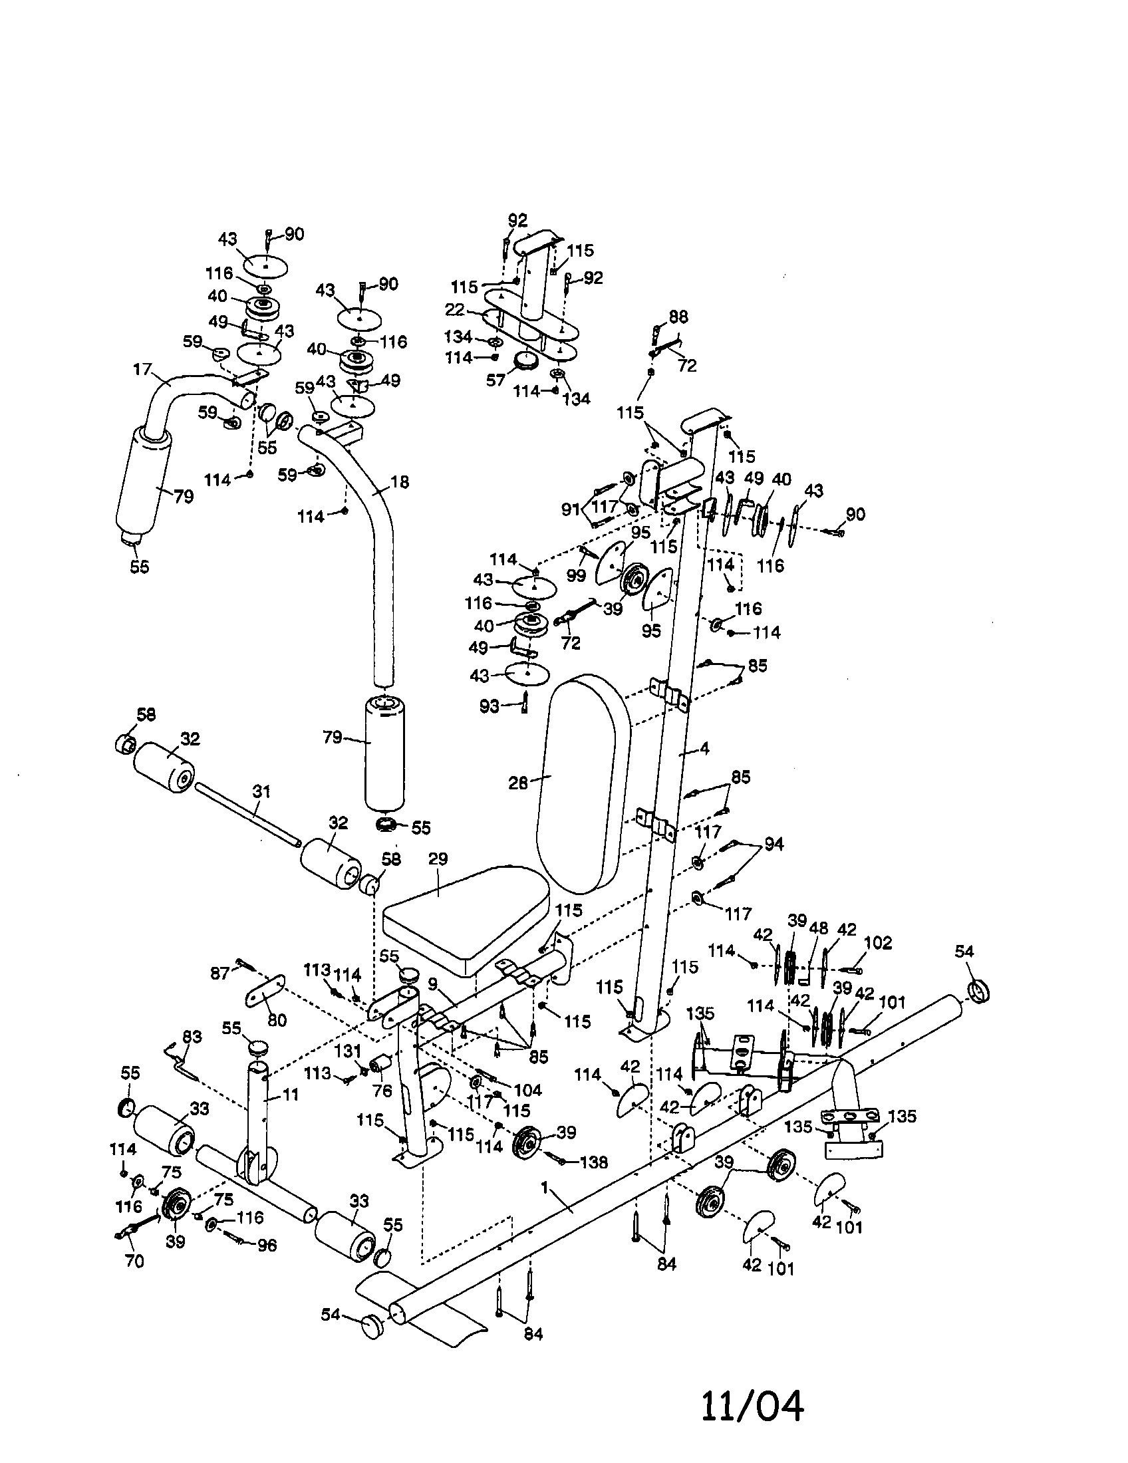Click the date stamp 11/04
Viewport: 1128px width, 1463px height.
tap(752, 1404)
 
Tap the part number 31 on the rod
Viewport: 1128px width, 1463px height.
tap(261, 791)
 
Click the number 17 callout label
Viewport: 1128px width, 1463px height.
tap(142, 369)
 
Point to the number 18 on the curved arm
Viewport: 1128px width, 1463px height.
tap(400, 481)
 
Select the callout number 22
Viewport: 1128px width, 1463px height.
tap(455, 311)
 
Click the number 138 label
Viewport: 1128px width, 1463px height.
tap(593, 1162)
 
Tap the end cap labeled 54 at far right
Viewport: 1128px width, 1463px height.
tap(979, 991)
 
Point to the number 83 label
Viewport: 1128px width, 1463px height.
tap(192, 1035)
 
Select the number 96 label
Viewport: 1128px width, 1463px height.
tap(267, 1245)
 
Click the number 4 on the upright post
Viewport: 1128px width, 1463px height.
tap(704, 749)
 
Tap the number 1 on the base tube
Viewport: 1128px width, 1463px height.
tap(545, 1187)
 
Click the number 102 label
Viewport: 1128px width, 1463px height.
tap(878, 943)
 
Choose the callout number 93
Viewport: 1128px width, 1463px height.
tap(490, 706)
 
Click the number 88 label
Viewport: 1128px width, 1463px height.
tap(678, 316)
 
